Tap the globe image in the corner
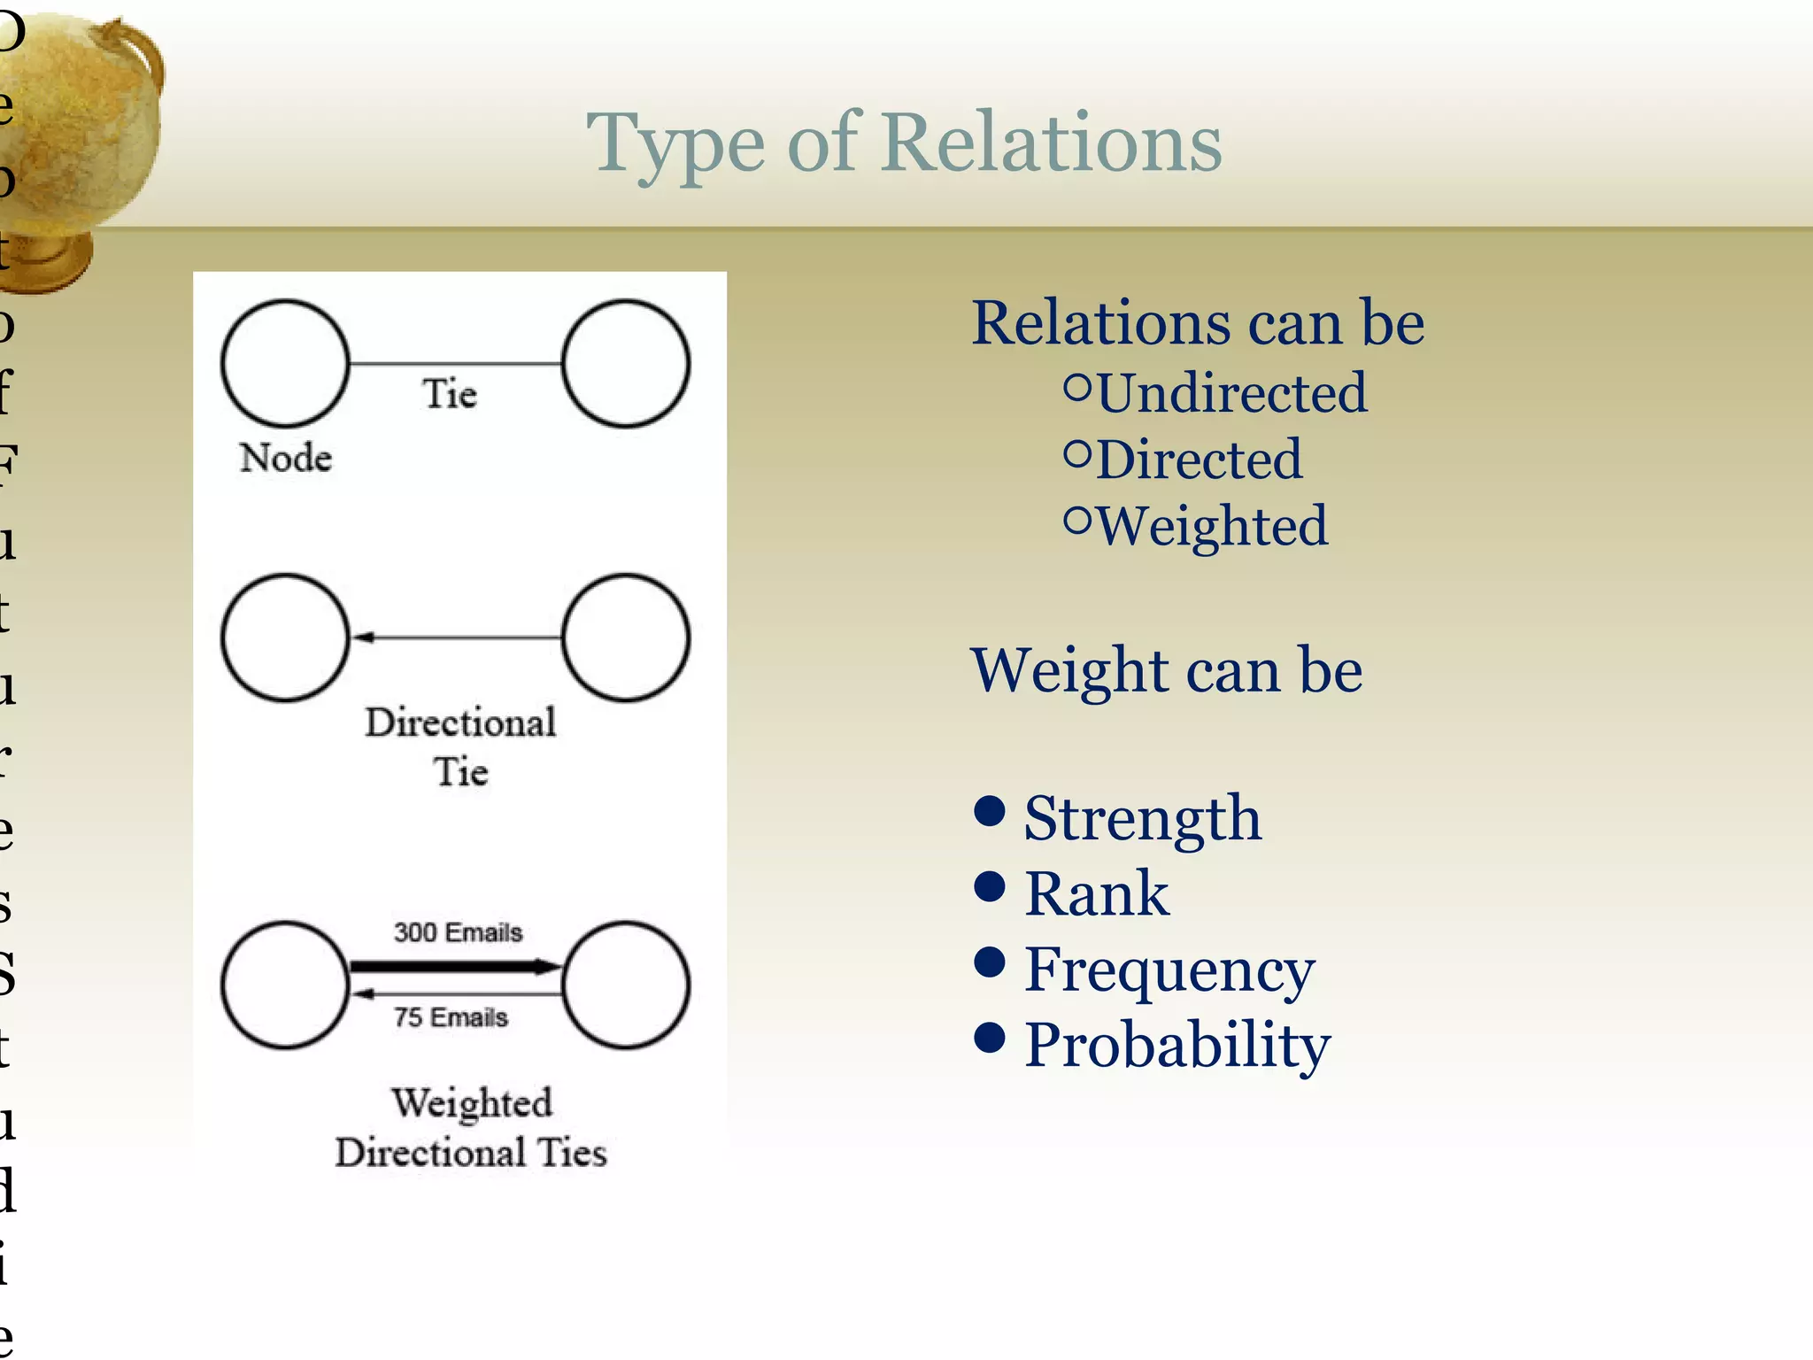[x=80, y=133]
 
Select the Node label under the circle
[x=285, y=458]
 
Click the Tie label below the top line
[x=450, y=393]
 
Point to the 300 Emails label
[x=458, y=932]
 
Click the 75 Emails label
[x=451, y=1016]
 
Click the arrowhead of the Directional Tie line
[x=364, y=637]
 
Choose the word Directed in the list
[x=1199, y=460]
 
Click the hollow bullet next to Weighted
[x=1077, y=521]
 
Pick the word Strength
[x=1142, y=818]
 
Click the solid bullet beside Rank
[x=989, y=885]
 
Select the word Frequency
[x=1169, y=970]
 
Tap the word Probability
[x=1177, y=1045]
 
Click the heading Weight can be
[x=1166, y=670]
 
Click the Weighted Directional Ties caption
[x=471, y=1128]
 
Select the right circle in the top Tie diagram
[x=626, y=364]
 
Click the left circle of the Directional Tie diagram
[x=285, y=637]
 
